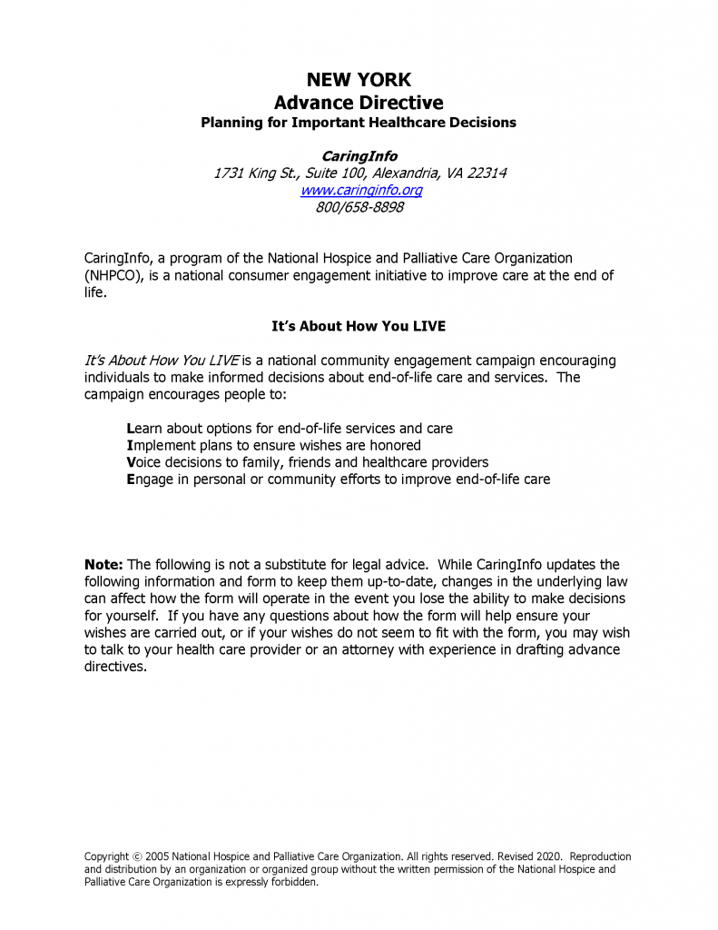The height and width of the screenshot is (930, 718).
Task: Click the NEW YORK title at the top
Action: [x=359, y=80]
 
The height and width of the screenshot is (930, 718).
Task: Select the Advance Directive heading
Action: [x=359, y=103]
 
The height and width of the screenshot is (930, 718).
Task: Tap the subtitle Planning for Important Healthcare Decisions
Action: [x=359, y=123]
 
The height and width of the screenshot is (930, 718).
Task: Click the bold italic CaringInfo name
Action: [x=359, y=156]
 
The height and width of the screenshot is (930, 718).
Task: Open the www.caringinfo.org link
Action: [x=361, y=190]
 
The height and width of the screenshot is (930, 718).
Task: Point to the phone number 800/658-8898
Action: [x=359, y=207]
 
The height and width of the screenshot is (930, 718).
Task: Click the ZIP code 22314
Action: [x=487, y=173]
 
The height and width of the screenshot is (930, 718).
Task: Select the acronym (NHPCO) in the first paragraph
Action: [x=115, y=275]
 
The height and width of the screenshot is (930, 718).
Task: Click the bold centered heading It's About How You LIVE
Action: [x=359, y=325]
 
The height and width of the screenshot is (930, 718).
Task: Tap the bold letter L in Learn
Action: [x=131, y=428]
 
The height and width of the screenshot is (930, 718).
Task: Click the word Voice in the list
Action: [x=145, y=462]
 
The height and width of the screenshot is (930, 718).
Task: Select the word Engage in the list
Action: [x=150, y=479]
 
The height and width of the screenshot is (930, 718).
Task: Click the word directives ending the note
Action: [x=115, y=667]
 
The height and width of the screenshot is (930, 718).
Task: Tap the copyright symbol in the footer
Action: [x=137, y=856]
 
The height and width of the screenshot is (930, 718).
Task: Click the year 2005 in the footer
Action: [x=157, y=856]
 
